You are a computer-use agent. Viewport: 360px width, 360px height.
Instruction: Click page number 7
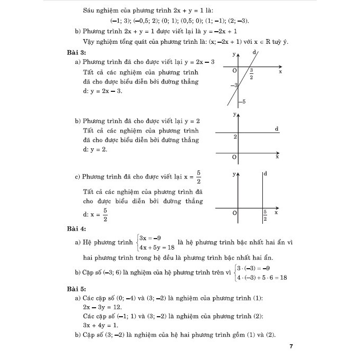point(291,346)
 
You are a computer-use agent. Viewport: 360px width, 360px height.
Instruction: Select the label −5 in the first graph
point(242,101)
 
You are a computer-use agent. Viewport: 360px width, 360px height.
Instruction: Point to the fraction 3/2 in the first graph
point(252,74)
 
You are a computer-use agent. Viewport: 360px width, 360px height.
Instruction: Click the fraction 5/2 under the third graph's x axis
point(265,215)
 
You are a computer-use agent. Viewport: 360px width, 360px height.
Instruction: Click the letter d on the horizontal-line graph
point(277,129)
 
